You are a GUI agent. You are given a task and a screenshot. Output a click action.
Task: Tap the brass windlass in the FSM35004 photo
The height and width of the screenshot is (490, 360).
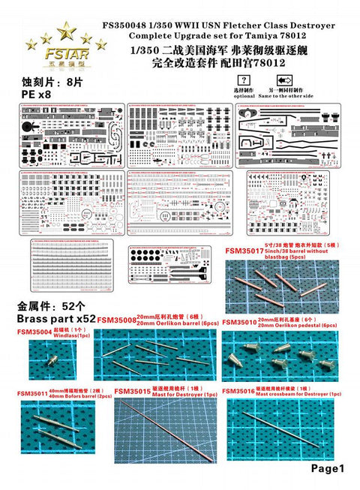pyautogui.click(x=52, y=360)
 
